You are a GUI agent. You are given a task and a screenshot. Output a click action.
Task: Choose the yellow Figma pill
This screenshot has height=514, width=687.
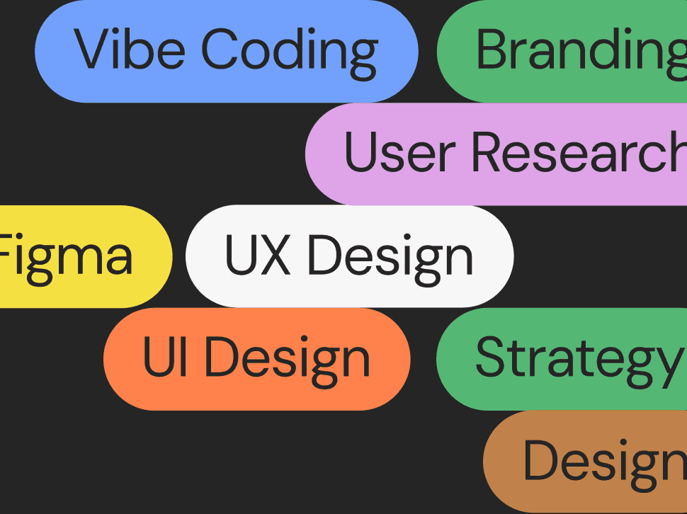71,256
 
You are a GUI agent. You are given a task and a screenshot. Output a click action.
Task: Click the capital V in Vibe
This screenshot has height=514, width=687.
91,50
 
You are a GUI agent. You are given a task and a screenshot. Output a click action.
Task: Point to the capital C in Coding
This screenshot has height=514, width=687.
222,50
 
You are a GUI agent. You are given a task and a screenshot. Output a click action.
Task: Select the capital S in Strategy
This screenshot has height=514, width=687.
489,358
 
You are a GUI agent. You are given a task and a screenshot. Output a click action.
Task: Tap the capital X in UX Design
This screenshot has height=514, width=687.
276,256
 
